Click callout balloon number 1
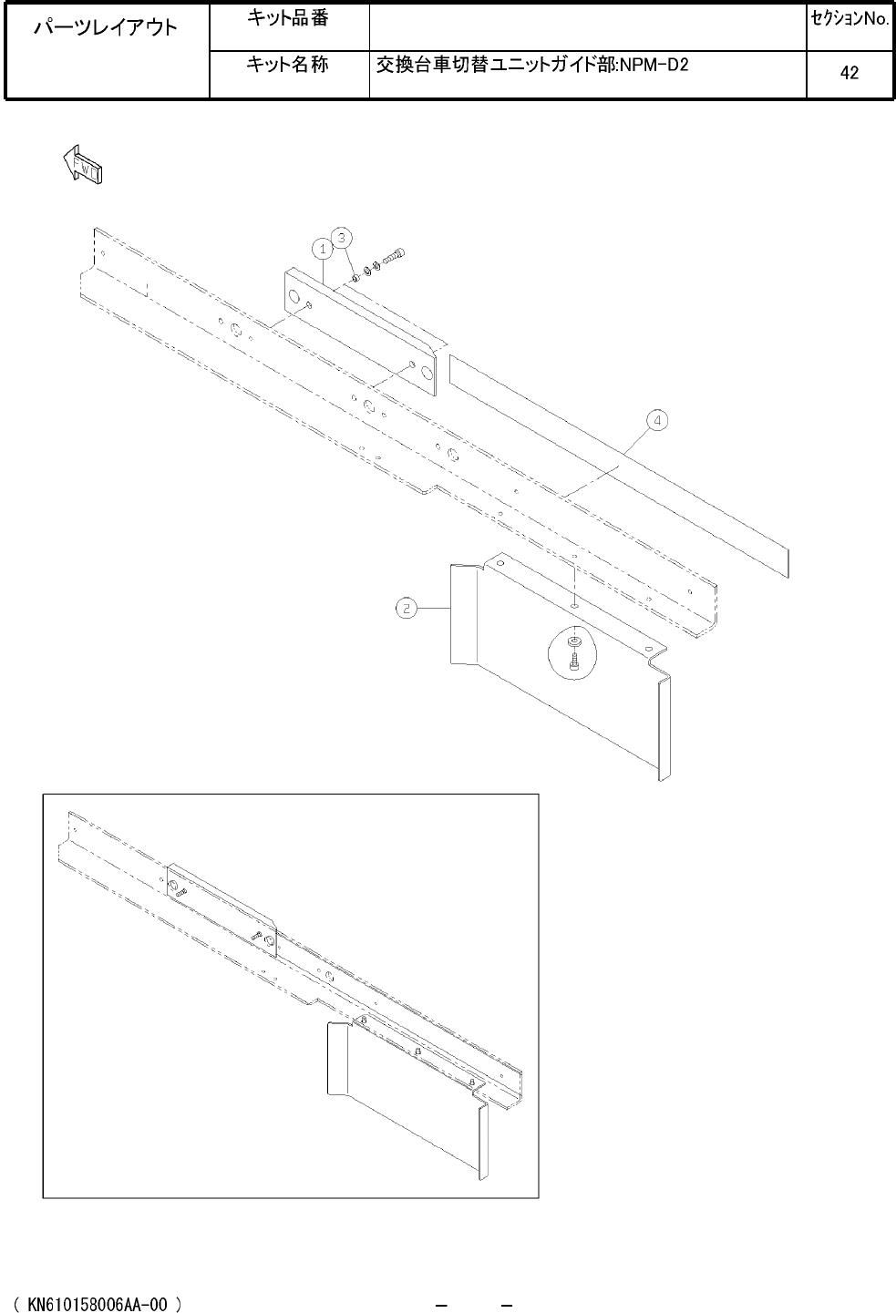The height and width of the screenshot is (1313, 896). point(322,249)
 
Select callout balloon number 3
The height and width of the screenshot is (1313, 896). point(342,238)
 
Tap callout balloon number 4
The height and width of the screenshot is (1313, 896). point(657,420)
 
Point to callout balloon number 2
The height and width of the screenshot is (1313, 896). point(407,608)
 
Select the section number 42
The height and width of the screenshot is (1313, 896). point(850,73)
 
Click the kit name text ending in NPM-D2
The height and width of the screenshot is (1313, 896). point(531,65)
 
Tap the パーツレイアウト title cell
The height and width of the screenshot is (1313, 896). point(106,27)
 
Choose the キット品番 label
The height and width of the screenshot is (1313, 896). point(287,18)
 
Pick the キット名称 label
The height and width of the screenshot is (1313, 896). point(287,64)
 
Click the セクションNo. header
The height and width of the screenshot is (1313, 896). point(850,19)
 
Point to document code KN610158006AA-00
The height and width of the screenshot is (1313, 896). point(98,1304)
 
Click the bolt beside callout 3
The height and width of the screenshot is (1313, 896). point(395,255)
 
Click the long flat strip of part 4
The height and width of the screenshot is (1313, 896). point(619,466)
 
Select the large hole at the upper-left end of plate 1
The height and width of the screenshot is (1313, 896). point(293,297)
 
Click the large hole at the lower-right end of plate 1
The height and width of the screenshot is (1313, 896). point(428,374)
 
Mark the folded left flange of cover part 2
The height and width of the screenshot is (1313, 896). point(464,614)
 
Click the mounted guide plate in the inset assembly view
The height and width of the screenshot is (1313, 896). point(221,910)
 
